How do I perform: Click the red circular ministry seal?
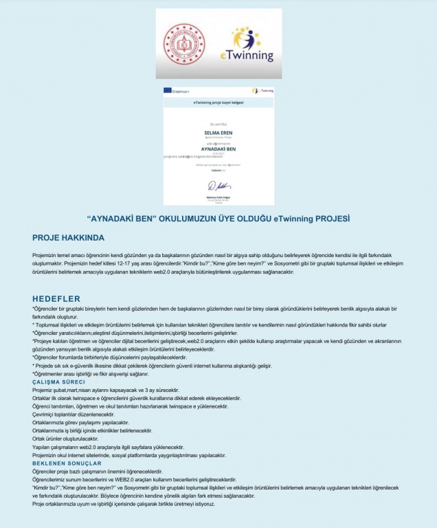click(x=183, y=44)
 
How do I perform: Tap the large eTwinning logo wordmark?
click(x=247, y=56)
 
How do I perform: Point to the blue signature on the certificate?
click(x=218, y=186)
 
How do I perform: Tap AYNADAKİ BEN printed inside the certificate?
click(x=218, y=148)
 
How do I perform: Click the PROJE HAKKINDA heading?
click(x=68, y=238)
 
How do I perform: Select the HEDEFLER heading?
click(x=56, y=298)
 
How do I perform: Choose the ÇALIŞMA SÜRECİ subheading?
click(x=59, y=382)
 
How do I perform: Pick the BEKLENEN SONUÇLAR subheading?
click(x=67, y=463)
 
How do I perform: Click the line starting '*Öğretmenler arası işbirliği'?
click(x=87, y=373)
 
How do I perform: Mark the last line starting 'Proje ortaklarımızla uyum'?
click(x=123, y=504)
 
